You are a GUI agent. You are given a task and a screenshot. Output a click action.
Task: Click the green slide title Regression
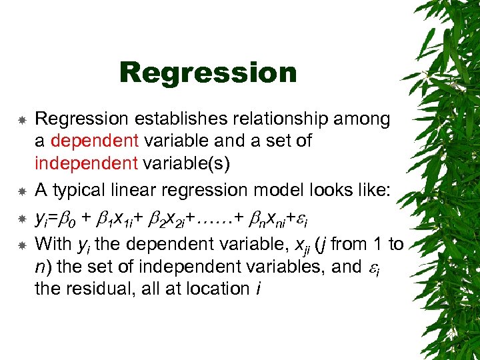click(x=208, y=73)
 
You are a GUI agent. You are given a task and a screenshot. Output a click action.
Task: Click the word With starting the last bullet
click(x=53, y=244)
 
